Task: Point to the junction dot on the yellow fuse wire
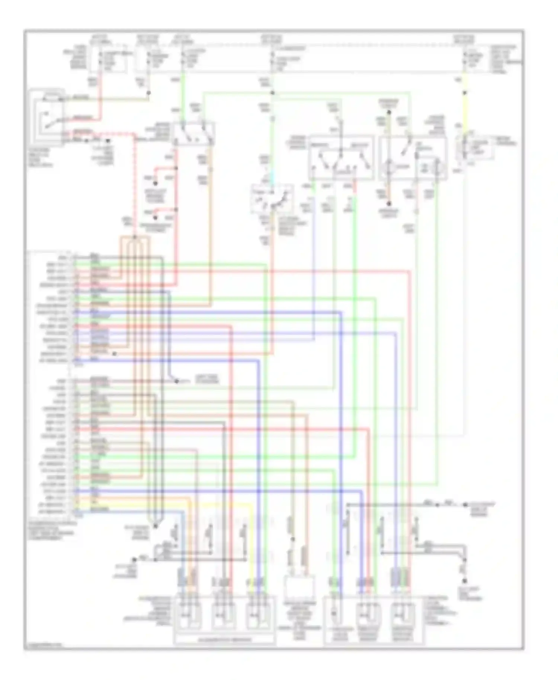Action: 465,93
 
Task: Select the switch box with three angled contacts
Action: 341,158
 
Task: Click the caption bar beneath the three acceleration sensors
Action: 225,640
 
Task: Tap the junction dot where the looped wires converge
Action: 155,526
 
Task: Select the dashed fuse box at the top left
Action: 108,60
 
